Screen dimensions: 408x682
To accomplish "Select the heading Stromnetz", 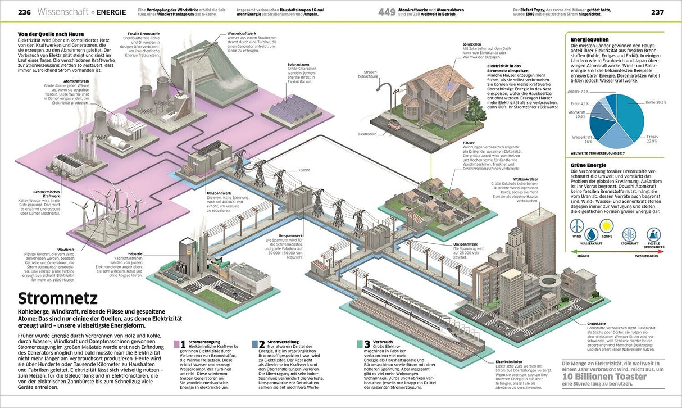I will (57, 298).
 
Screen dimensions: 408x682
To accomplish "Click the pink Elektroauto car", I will (395, 125).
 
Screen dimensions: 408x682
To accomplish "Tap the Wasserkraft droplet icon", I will (591, 234).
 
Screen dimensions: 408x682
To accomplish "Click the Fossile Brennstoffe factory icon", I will (653, 234).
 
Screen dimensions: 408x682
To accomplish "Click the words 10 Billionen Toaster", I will (605, 376).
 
